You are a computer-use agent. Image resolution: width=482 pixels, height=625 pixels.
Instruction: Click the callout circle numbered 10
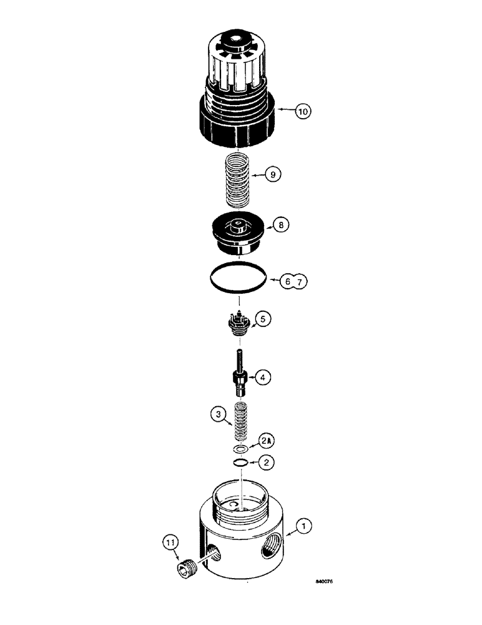[303, 112]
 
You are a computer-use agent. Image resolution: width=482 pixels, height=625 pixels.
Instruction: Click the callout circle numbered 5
[263, 319]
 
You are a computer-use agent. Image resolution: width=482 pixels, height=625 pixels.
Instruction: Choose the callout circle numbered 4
[263, 377]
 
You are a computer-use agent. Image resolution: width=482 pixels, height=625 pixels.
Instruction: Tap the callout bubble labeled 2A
[267, 441]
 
